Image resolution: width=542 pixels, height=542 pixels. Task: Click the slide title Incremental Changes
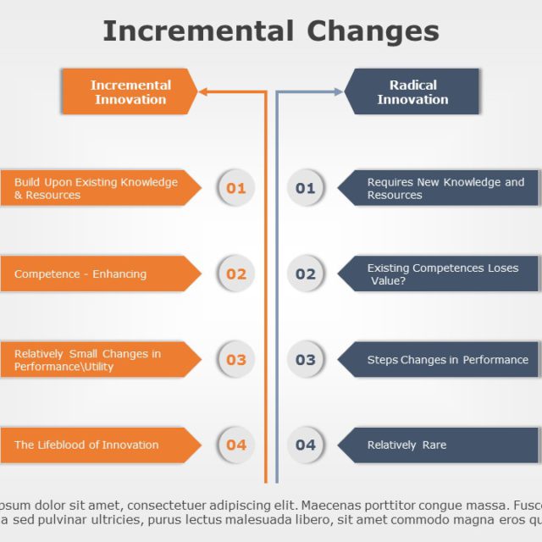(x=271, y=31)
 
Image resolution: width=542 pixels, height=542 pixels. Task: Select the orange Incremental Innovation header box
(x=129, y=91)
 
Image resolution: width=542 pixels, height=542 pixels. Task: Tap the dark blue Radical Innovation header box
(x=412, y=91)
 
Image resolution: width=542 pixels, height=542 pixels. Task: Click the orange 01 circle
(x=235, y=188)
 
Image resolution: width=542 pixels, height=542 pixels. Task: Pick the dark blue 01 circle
(x=305, y=188)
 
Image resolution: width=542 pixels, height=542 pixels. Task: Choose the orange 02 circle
(x=235, y=274)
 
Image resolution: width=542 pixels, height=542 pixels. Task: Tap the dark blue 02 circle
(x=305, y=274)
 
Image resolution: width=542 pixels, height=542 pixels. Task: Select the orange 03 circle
(x=235, y=359)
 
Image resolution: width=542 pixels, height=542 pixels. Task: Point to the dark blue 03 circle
(x=305, y=359)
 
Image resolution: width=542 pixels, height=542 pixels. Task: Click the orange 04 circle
(x=235, y=445)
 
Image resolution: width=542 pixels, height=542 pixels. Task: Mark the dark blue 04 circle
(x=305, y=445)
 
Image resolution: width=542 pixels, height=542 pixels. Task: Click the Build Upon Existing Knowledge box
(x=97, y=188)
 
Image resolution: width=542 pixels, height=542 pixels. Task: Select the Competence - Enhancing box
(x=97, y=274)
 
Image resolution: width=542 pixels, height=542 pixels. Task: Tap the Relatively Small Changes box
(x=97, y=359)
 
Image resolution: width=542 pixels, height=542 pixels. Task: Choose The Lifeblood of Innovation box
(x=97, y=445)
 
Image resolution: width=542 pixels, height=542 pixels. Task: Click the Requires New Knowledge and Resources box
(x=440, y=188)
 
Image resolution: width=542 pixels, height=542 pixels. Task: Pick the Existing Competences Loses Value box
(x=440, y=274)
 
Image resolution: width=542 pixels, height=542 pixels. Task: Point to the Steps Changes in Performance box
(x=440, y=359)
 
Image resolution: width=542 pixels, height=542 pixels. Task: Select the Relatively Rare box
(x=440, y=445)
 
